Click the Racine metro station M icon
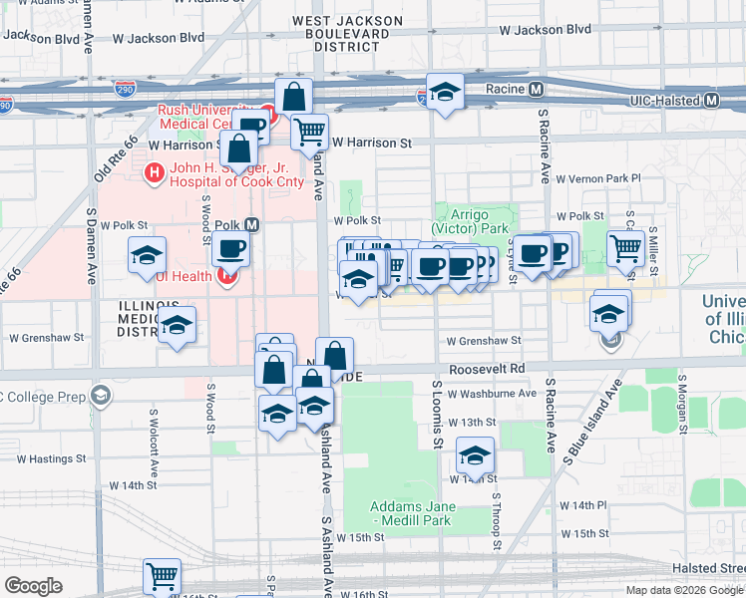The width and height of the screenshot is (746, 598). coord(537,89)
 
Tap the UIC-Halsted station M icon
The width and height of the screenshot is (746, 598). coord(712,101)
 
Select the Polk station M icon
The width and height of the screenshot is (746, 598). coord(252,224)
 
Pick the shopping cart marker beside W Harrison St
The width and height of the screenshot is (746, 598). coord(310,130)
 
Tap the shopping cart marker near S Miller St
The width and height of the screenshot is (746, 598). coord(626,248)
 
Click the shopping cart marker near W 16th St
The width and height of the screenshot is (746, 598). coord(162,576)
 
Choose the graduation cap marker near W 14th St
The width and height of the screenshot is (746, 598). coord(476,456)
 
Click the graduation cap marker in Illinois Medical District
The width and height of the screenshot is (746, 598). coord(178,326)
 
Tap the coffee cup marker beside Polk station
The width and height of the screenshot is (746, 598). coord(230,250)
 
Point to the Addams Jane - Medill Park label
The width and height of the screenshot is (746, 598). coord(412,513)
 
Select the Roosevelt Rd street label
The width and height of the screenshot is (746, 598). coord(487,368)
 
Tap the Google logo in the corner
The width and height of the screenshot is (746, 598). coord(34,586)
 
